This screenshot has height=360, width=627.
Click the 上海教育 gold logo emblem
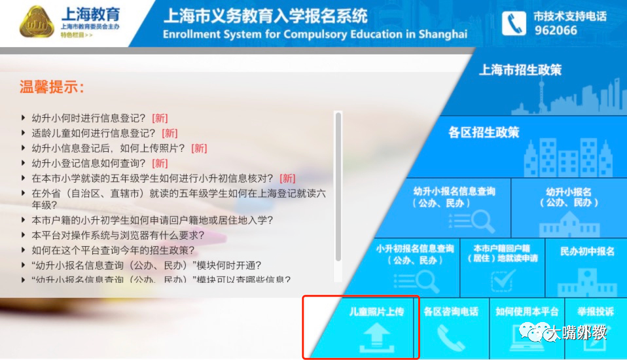pyautogui.click(x=37, y=24)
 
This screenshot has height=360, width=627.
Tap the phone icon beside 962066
pyautogui.click(x=514, y=24)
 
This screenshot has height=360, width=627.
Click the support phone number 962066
pyautogui.click(x=556, y=30)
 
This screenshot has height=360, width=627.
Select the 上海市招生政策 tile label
pyautogui.click(x=520, y=70)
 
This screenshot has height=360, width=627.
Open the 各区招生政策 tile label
pyautogui.click(x=484, y=132)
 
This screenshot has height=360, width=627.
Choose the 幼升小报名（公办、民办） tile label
pyautogui.click(x=568, y=196)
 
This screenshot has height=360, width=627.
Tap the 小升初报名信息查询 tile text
pyautogui.click(x=414, y=254)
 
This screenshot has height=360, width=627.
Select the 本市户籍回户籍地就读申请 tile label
pyautogui.click(x=501, y=253)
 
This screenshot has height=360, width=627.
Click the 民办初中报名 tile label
pyautogui.click(x=587, y=251)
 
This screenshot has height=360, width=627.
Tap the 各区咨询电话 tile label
pyautogui.click(x=451, y=312)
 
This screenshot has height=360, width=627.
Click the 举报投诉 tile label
pyautogui.click(x=595, y=312)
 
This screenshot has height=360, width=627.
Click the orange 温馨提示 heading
pyautogui.click(x=52, y=88)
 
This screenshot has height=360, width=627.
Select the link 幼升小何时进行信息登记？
pyautogui.click(x=89, y=118)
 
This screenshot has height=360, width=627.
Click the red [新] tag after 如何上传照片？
pyautogui.click(x=199, y=148)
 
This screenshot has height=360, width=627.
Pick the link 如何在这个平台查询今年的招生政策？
pyautogui.click(x=113, y=250)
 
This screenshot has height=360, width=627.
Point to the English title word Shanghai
pyautogui.click(x=435, y=34)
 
